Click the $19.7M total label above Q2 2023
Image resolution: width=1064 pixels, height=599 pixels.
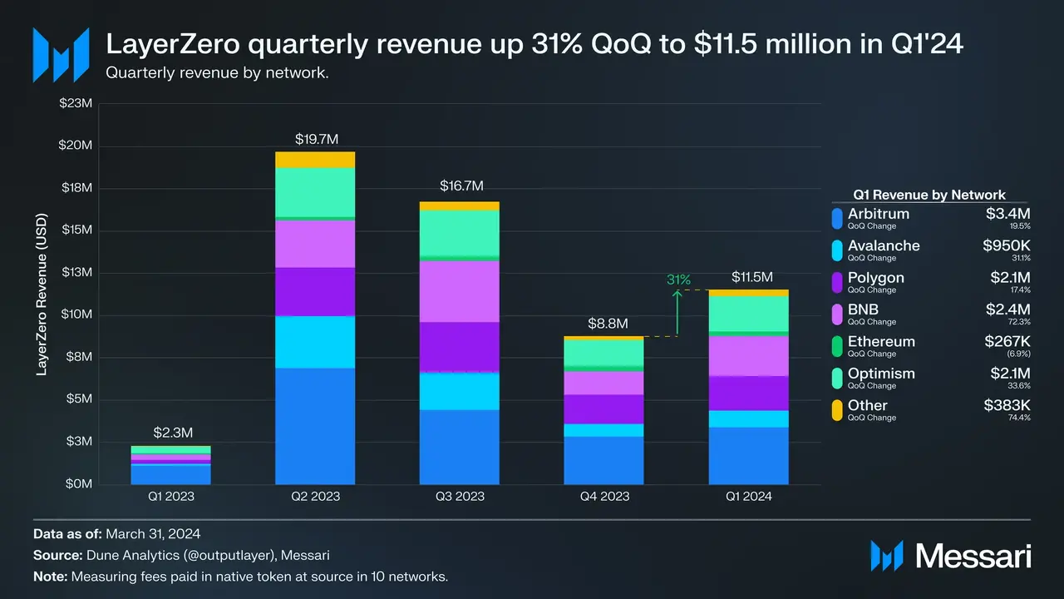click(x=315, y=138)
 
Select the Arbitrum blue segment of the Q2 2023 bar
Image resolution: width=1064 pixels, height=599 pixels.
click(x=315, y=425)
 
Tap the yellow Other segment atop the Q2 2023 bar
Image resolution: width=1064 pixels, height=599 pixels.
click(x=315, y=160)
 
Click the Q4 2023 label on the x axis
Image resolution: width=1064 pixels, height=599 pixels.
click(x=603, y=497)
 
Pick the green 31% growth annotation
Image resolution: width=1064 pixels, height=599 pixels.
click(x=678, y=280)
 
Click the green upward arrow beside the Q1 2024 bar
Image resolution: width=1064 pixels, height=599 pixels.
click(x=678, y=312)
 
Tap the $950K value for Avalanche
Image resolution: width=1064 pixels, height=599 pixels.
click(x=1007, y=245)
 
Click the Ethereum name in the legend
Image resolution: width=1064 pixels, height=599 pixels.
click(x=881, y=341)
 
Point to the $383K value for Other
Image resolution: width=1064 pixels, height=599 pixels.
click(x=1007, y=405)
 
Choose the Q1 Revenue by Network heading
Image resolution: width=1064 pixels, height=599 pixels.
click(x=929, y=195)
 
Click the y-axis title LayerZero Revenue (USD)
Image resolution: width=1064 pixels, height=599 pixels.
click(x=42, y=295)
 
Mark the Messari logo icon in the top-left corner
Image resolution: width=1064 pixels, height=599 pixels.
click(x=61, y=55)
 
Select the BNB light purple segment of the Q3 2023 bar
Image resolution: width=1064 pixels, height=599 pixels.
click(x=459, y=291)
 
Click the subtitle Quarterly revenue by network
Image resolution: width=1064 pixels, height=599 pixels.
click(x=218, y=72)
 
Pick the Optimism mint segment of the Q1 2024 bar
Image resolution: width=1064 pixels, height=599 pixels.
click(x=748, y=313)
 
